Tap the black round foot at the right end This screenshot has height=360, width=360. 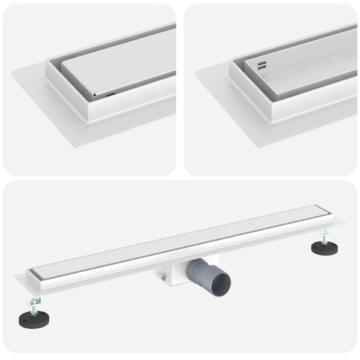click(323, 246)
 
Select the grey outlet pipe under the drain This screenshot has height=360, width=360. click(207, 279)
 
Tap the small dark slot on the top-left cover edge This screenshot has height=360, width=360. click(111, 94)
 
